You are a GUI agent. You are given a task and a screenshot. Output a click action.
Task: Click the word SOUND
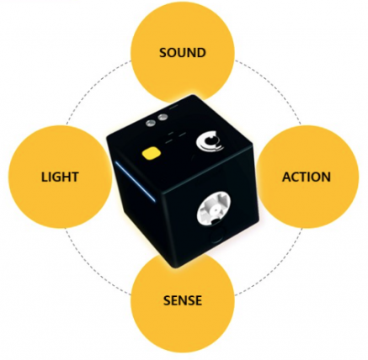coord(183,53)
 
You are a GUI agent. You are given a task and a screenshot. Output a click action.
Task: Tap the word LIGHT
coord(60,177)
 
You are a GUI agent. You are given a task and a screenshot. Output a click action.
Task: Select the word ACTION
coord(307,177)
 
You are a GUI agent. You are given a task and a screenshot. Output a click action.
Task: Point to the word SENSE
coord(183,300)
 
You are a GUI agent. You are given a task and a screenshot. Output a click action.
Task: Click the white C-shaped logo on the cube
coord(210,141)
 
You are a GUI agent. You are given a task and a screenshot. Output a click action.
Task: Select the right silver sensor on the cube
coord(162,118)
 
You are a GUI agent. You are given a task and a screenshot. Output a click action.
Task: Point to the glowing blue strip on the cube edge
coord(135,182)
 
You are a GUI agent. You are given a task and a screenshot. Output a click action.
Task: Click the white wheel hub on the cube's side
coord(214,208)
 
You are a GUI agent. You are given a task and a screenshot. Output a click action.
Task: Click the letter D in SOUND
coord(201,53)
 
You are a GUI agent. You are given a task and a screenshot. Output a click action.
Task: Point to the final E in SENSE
coord(198,300)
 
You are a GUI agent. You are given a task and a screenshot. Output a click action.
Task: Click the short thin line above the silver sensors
coord(173,107)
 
